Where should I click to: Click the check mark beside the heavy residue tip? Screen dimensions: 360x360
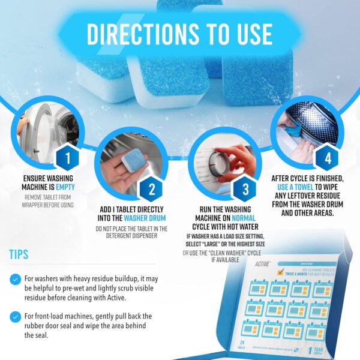(x=15, y=279)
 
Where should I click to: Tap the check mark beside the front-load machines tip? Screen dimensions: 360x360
(x=15, y=316)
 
